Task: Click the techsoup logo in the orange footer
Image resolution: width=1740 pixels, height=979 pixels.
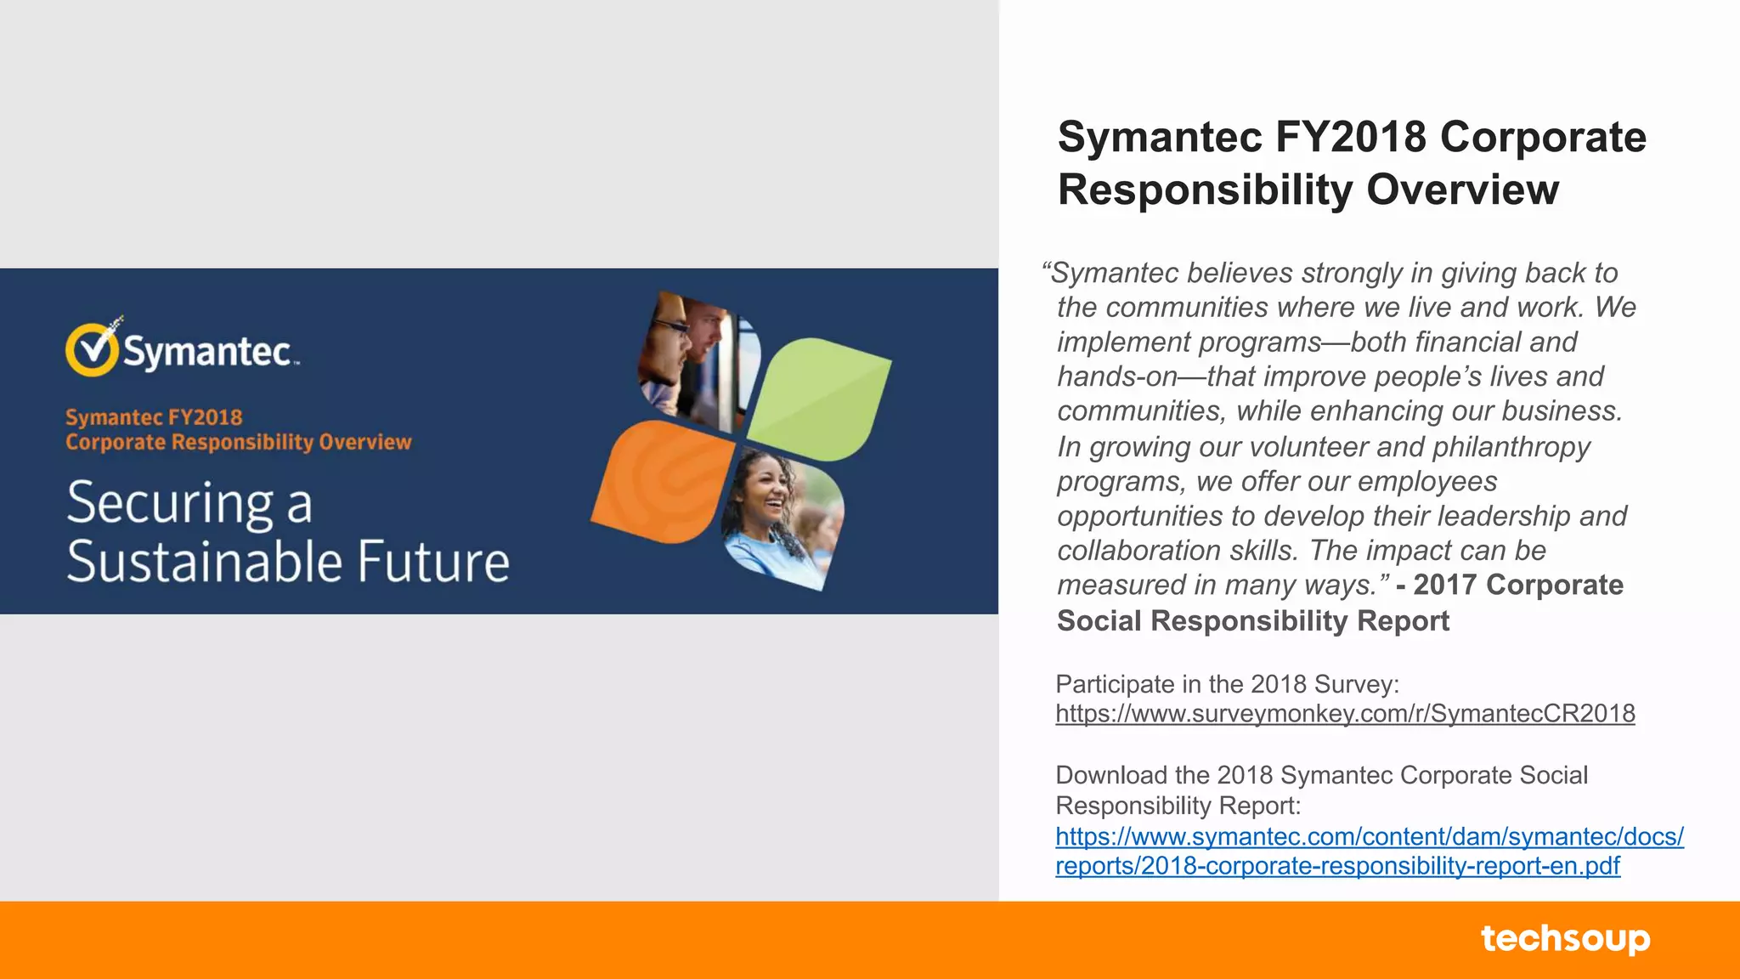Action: (x=1565, y=939)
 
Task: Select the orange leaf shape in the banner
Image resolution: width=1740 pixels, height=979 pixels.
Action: (x=663, y=480)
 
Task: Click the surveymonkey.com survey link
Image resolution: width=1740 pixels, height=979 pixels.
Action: (x=1345, y=714)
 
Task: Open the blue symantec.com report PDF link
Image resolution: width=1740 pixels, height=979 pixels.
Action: (x=1369, y=852)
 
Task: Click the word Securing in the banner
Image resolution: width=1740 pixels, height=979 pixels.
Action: (x=170, y=503)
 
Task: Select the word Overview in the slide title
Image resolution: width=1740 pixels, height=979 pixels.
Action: (x=1462, y=190)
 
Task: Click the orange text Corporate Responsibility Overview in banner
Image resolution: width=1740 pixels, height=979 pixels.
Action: (x=239, y=443)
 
